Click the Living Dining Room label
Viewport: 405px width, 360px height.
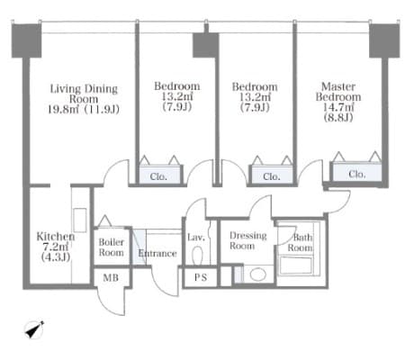pyautogui.click(x=84, y=94)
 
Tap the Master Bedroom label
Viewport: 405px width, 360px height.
pyautogui.click(x=338, y=92)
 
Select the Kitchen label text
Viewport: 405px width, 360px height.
pyautogui.click(x=56, y=237)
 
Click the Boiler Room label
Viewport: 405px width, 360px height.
pyautogui.click(x=112, y=247)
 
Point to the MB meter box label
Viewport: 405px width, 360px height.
pyautogui.click(x=111, y=278)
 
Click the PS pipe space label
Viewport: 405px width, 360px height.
pyautogui.click(x=201, y=277)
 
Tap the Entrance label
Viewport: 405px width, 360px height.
pyautogui.click(x=157, y=254)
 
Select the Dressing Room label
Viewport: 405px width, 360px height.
pyautogui.click(x=247, y=240)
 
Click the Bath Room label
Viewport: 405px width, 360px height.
pyautogui.click(x=300, y=242)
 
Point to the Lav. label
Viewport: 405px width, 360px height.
pyautogui.click(x=196, y=238)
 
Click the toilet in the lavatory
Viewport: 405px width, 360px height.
pyautogui.click(x=197, y=256)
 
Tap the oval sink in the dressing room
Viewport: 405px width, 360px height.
pyautogui.click(x=258, y=274)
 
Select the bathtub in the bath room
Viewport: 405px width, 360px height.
pyautogui.click(x=296, y=265)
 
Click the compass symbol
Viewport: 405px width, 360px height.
pyautogui.click(x=34, y=330)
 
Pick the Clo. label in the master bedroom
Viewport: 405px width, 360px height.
pyautogui.click(x=357, y=174)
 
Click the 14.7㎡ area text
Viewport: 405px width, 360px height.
pyautogui.click(x=338, y=107)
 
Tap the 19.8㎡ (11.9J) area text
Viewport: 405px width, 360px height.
pyautogui.click(x=84, y=109)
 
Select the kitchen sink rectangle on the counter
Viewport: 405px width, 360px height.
pyautogui.click(x=80, y=220)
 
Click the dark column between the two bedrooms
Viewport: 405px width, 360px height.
pyautogui.click(x=205, y=45)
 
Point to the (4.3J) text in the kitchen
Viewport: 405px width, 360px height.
pyautogui.click(x=56, y=257)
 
